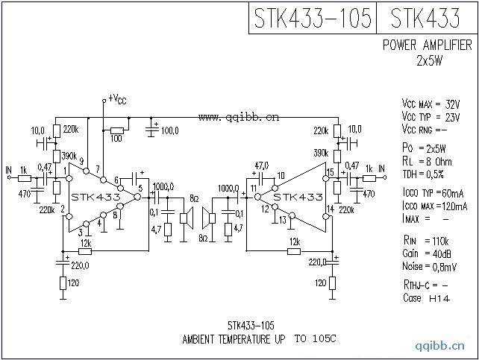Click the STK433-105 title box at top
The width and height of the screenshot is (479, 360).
(x=312, y=18)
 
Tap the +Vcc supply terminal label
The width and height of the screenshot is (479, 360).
(x=117, y=98)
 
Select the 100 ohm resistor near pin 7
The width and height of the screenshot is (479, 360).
(x=117, y=130)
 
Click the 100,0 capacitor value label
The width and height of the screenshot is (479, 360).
(x=170, y=131)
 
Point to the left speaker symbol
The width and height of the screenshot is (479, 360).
(x=187, y=218)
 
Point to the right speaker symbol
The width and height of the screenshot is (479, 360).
(x=209, y=218)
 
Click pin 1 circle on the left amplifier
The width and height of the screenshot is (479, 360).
(x=69, y=178)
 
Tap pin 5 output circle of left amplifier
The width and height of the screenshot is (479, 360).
(x=137, y=197)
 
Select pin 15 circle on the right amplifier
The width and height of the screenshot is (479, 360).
(x=326, y=178)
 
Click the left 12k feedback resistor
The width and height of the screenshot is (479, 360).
(x=85, y=251)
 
